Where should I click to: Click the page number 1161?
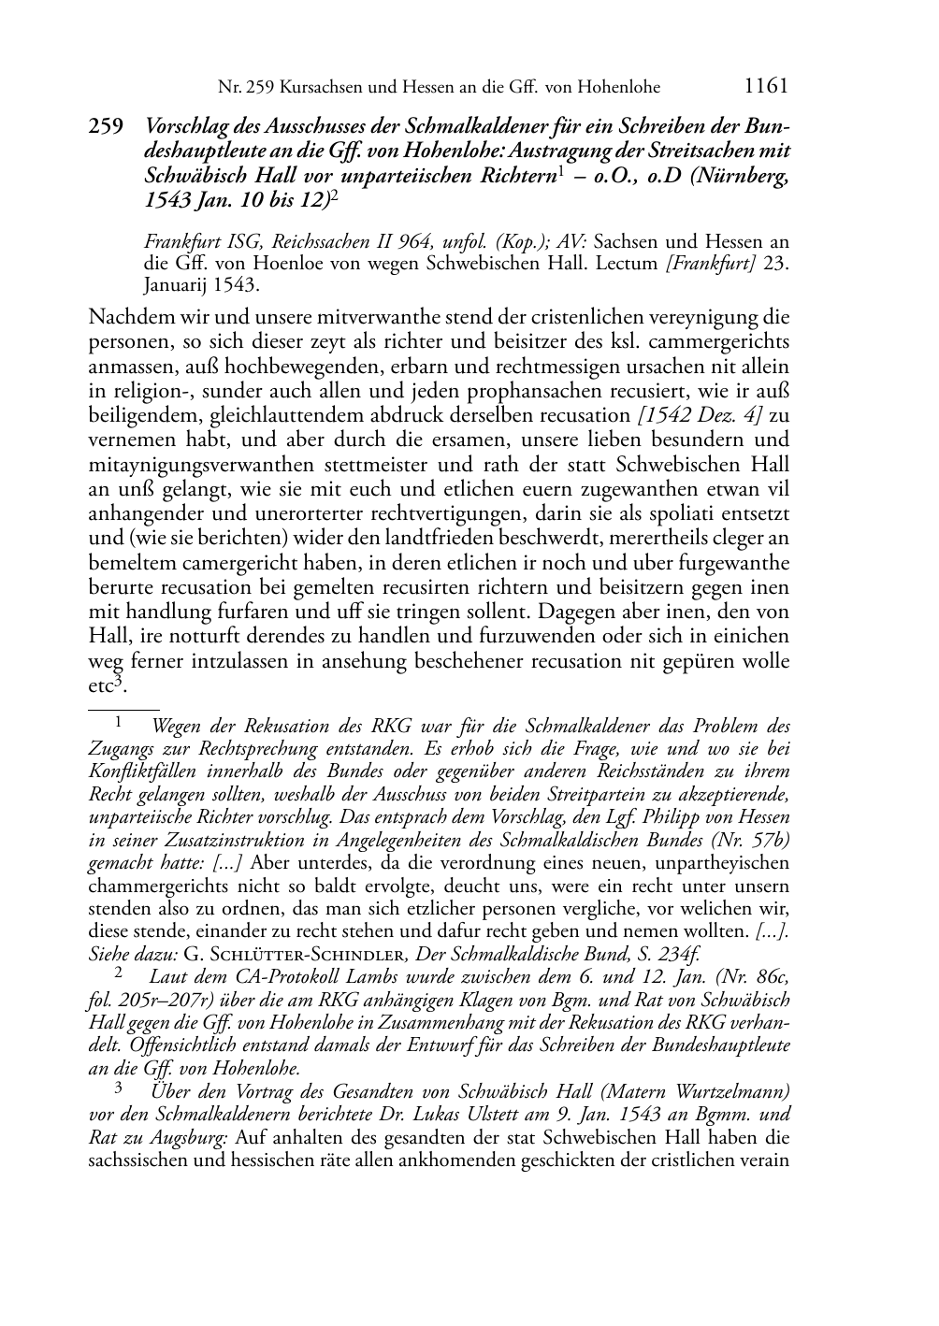tap(766, 87)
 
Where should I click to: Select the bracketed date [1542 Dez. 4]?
tap(701, 414)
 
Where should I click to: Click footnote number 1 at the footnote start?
tap(119, 723)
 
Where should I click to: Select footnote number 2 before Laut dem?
tap(119, 973)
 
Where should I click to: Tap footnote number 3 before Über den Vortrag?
tap(119, 1088)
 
